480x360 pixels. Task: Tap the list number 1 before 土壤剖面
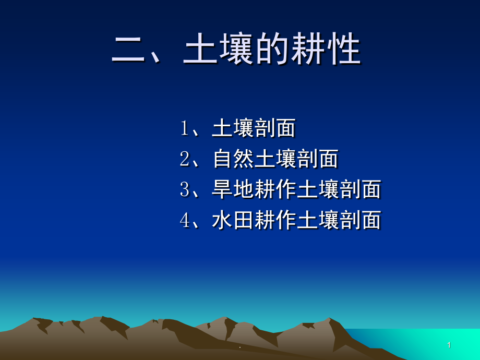click(184, 128)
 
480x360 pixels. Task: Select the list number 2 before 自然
click(184, 159)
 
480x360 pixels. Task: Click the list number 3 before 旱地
click(184, 189)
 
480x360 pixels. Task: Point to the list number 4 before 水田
click(184, 220)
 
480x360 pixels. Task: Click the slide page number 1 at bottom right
click(449, 345)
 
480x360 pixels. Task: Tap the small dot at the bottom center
click(239, 347)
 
